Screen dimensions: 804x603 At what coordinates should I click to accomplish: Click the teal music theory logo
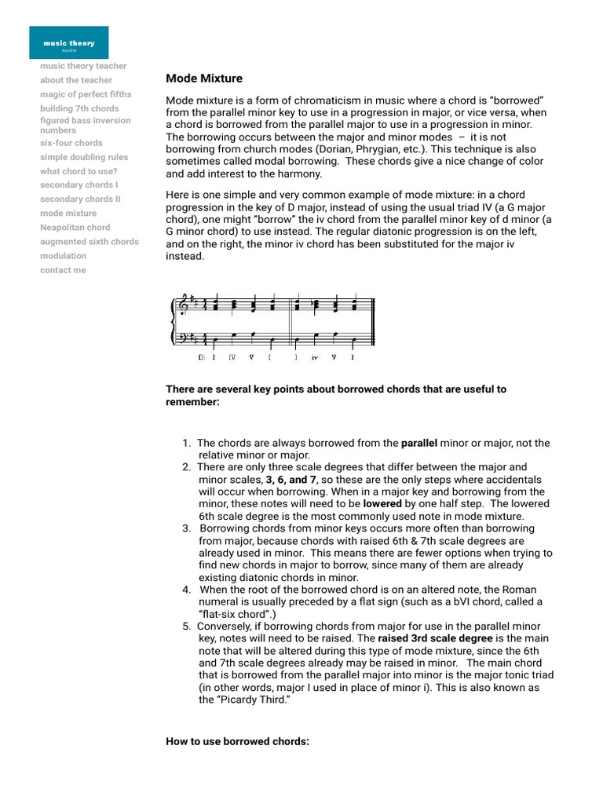[69, 42]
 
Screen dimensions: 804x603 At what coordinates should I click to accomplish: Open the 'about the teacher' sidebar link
[76, 80]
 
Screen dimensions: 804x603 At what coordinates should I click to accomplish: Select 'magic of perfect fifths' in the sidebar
[86, 94]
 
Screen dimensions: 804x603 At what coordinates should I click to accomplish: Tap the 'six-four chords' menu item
[71, 143]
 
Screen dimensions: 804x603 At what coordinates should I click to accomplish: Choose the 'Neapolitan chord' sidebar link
[75, 228]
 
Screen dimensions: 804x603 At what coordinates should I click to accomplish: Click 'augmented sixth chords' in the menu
[90, 242]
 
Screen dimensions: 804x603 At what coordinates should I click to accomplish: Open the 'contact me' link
[63, 270]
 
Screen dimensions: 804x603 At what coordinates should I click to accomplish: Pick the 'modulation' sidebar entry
[64, 256]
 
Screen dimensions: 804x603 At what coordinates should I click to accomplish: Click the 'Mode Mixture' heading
[204, 79]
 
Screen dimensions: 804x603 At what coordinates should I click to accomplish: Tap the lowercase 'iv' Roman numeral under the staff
[314, 356]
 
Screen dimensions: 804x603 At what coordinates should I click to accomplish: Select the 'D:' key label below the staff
[202, 356]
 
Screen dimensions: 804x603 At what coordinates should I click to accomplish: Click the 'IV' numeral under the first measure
[232, 356]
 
